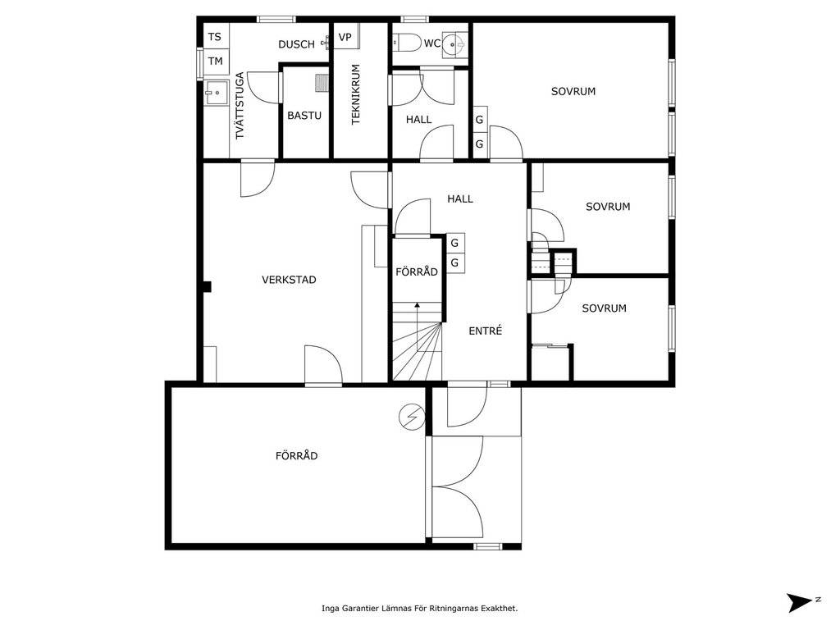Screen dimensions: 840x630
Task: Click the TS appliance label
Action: pyautogui.click(x=214, y=37)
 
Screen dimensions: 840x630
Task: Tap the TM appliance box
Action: pyautogui.click(x=216, y=61)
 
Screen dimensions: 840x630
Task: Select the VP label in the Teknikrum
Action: pyautogui.click(x=345, y=37)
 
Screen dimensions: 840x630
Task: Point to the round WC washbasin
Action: pyautogui.click(x=453, y=43)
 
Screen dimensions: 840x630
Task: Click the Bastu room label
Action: pyautogui.click(x=304, y=115)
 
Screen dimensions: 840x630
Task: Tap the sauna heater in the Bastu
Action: pyautogui.click(x=322, y=83)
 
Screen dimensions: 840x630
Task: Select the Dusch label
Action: pyautogui.click(x=296, y=44)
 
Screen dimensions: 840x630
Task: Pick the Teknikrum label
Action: pyautogui.click(x=356, y=95)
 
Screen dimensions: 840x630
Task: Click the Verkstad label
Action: pyautogui.click(x=289, y=280)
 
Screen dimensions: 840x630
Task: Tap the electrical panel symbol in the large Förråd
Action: pyautogui.click(x=412, y=416)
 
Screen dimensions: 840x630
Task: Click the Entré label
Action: pyautogui.click(x=486, y=331)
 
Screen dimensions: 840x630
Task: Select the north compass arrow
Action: pyautogui.click(x=801, y=602)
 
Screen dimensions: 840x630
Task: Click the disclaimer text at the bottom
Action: pyautogui.click(x=419, y=608)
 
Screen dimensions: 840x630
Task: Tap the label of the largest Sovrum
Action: pyautogui.click(x=573, y=92)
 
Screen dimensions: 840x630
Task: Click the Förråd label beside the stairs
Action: pyautogui.click(x=417, y=272)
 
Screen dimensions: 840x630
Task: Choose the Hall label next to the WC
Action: pyautogui.click(x=419, y=120)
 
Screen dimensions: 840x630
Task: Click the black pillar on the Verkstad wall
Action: pyautogui.click(x=208, y=287)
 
